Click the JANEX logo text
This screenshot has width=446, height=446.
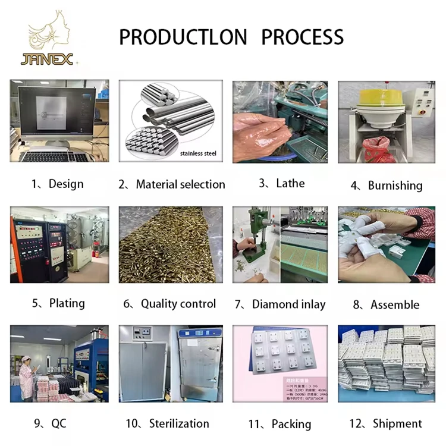tap(46, 59)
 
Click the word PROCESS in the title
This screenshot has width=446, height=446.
tap(303, 37)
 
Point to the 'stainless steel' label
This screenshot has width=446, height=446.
tap(198, 154)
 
